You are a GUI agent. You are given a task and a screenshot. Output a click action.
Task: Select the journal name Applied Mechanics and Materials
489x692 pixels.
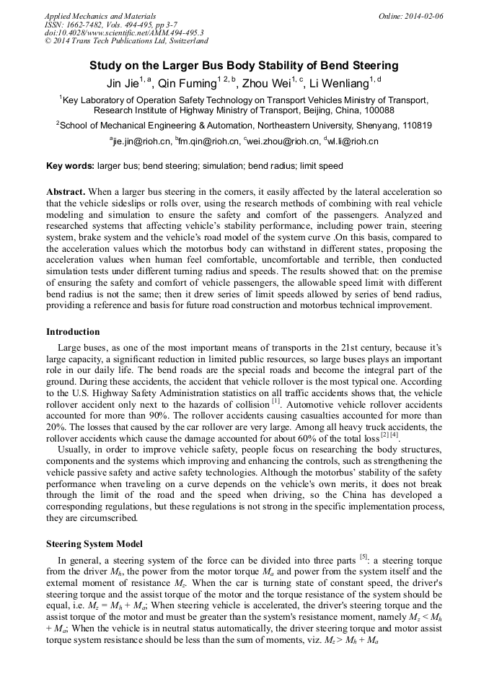click(100, 16)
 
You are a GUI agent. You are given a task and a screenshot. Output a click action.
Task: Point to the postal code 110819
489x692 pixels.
click(413, 125)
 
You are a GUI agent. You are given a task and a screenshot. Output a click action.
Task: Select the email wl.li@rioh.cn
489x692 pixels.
click(353, 141)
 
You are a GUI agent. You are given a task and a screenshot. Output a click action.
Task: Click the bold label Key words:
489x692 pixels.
click(70, 166)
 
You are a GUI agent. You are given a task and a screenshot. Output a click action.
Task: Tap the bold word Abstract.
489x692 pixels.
click(66, 192)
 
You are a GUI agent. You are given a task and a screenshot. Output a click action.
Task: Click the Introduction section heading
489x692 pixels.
click(73, 332)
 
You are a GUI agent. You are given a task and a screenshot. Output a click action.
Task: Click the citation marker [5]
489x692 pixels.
click(364, 556)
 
